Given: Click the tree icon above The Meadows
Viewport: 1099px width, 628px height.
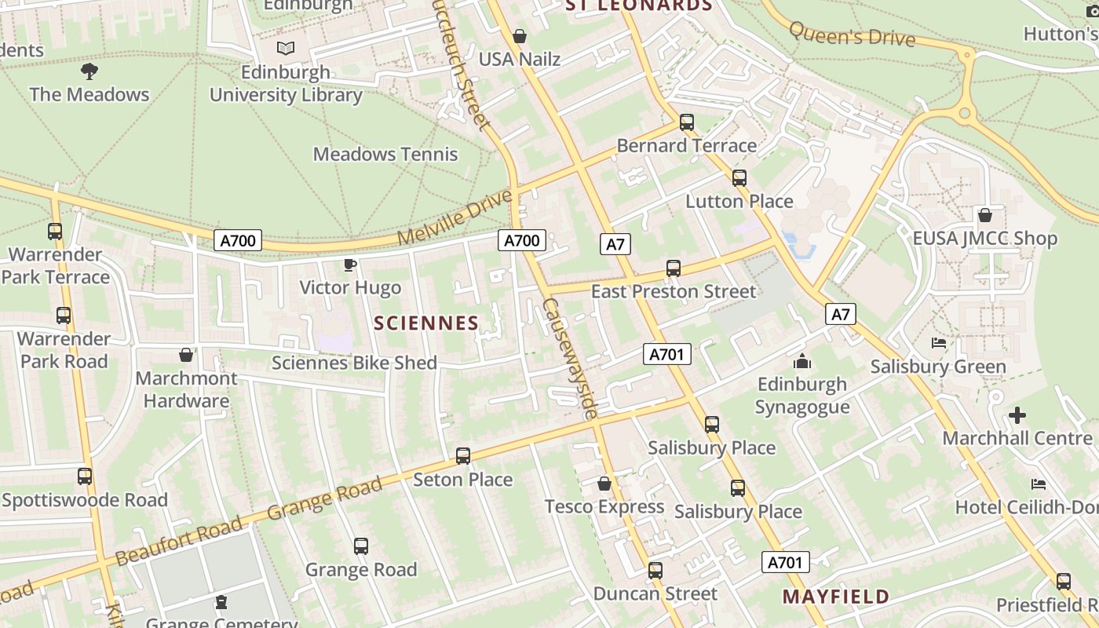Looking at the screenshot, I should tap(89, 71).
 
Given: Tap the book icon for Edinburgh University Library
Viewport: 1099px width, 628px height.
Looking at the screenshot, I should tap(286, 49).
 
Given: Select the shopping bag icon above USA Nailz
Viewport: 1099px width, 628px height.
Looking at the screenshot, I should tap(519, 36).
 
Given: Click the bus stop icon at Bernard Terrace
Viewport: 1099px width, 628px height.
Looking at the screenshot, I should tap(687, 122).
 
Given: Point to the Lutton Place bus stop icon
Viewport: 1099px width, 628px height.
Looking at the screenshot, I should tap(739, 178).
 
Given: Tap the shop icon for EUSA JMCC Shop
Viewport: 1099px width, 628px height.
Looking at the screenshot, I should tap(985, 215).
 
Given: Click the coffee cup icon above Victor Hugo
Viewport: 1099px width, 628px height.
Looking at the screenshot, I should tap(350, 265).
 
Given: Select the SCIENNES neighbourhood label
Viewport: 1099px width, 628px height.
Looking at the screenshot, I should tap(426, 323).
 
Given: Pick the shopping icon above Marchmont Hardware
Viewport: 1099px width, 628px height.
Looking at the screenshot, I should tap(186, 355).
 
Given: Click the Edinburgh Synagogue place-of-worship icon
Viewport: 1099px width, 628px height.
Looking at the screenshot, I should tap(802, 361).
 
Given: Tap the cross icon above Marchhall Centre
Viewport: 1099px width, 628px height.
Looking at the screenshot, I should tap(1017, 415).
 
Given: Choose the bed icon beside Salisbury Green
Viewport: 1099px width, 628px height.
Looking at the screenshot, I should tap(938, 343).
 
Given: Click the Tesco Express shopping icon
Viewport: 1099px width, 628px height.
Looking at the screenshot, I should tap(604, 484).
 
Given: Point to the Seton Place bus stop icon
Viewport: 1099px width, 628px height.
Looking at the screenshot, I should tap(463, 456).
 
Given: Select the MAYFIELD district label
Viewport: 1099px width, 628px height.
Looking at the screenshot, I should tap(835, 597).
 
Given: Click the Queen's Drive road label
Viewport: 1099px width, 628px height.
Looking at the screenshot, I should tap(852, 35).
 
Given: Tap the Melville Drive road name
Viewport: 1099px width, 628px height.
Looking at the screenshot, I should tap(455, 217).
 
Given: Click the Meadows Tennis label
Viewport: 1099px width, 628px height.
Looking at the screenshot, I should tap(385, 154).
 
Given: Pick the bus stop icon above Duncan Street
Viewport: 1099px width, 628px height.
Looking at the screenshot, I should tap(655, 571).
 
